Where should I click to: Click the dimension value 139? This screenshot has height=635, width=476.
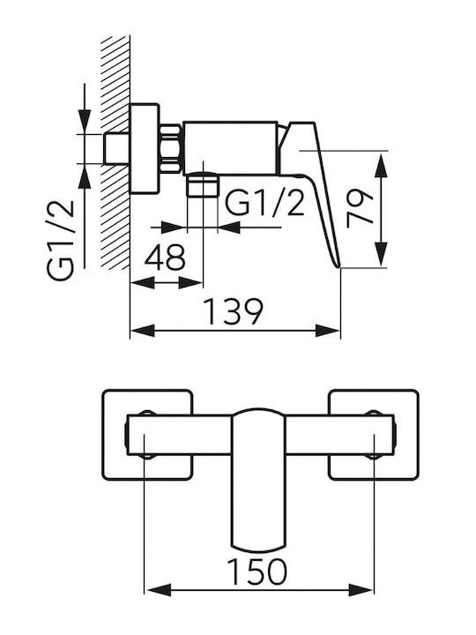[x=234, y=312]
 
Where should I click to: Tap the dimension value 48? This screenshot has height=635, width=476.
[x=165, y=258]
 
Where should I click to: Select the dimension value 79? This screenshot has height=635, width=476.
[x=361, y=208]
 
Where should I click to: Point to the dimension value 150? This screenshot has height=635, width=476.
[x=257, y=571]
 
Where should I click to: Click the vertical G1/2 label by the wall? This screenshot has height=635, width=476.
[x=61, y=240]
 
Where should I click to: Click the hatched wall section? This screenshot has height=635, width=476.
[x=115, y=153]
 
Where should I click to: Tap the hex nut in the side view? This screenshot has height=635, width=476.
[x=171, y=149]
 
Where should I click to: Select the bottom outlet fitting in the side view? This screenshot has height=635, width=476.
[x=203, y=184]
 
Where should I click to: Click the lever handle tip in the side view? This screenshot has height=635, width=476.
[x=338, y=266]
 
